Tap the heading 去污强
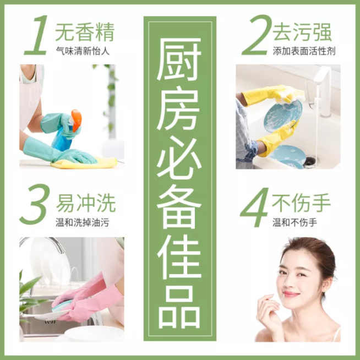pyautogui.click(x=303, y=32)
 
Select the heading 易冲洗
pyautogui.click(x=85, y=204)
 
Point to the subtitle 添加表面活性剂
pyautogui.click(x=304, y=51)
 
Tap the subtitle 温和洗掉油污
pyautogui.click(x=83, y=222)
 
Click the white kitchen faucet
pyautogui.click(x=323, y=88)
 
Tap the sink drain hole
pyautogui.click(x=309, y=161)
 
